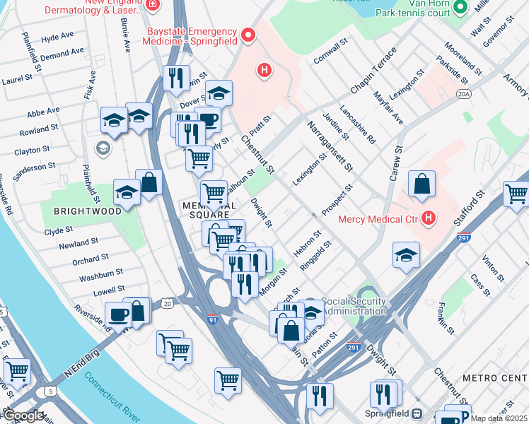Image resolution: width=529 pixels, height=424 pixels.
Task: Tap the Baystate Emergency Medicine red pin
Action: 248,33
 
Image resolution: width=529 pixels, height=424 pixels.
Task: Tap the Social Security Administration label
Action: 354,306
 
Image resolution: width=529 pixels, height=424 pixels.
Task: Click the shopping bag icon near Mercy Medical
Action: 422,184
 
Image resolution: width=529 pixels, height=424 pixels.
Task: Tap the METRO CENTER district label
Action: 495,378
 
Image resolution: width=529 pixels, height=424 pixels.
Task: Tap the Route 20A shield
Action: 464,93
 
